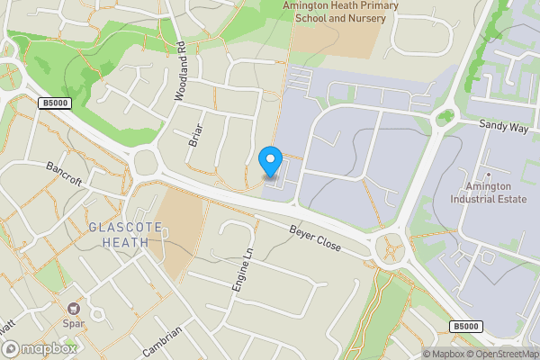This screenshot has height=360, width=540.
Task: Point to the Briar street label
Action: click(x=193, y=135)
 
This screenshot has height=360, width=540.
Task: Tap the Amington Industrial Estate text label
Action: click(x=487, y=194)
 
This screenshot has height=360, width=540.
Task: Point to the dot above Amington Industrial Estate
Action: click(x=487, y=173)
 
